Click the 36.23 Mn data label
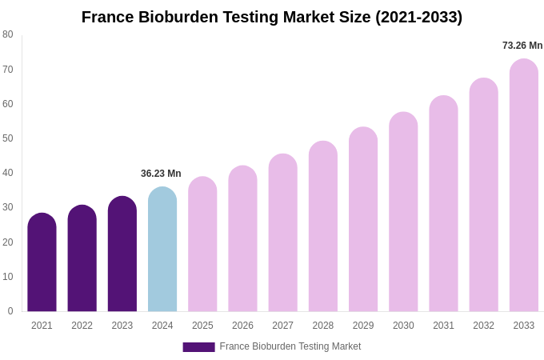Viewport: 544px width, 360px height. (161, 174)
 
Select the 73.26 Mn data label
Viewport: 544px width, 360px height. (522, 46)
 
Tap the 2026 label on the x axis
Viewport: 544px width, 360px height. (242, 326)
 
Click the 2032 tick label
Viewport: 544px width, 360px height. (483, 326)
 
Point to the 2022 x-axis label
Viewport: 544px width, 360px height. (82, 326)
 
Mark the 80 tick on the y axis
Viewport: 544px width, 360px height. (8, 34)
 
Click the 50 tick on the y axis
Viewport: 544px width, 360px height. (8, 138)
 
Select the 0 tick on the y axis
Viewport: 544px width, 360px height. (10, 311)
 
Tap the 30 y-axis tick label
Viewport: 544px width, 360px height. (8, 207)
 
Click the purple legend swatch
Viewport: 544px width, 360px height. (198, 347)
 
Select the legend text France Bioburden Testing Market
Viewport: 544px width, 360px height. (290, 346)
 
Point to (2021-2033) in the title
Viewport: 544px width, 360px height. (418, 17)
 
